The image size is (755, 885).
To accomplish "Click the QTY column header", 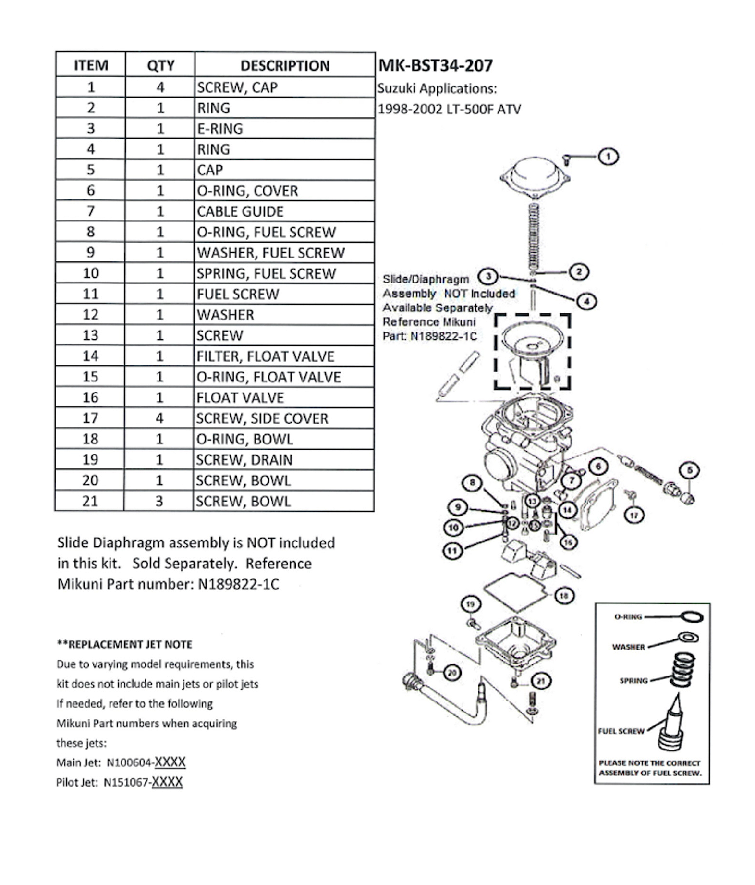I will [160, 65].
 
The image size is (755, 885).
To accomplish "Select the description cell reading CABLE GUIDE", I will [240, 211].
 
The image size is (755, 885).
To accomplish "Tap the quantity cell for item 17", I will [159, 418].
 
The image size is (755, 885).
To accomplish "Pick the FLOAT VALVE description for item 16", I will [240, 398].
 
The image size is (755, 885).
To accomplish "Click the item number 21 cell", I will [90, 501].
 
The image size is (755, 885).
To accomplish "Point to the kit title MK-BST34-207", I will [436, 65].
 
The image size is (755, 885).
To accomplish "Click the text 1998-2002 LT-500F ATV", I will [449, 110].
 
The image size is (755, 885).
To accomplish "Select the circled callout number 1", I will [608, 157].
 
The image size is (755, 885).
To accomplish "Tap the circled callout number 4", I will [586, 302].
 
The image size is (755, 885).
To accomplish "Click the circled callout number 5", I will [690, 470].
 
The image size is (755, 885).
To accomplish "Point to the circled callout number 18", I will [564, 596].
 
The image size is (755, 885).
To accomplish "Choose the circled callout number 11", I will [452, 551].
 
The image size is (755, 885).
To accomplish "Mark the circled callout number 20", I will [452, 673].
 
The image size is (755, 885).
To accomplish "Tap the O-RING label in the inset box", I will [628, 617].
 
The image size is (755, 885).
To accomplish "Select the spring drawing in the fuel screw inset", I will [682, 669].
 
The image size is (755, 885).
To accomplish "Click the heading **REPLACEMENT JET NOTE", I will [124, 644].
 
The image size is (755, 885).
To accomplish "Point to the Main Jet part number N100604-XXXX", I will [146, 762].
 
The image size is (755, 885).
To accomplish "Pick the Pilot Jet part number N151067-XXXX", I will [143, 782].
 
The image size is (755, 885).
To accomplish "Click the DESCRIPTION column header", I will [285, 65].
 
